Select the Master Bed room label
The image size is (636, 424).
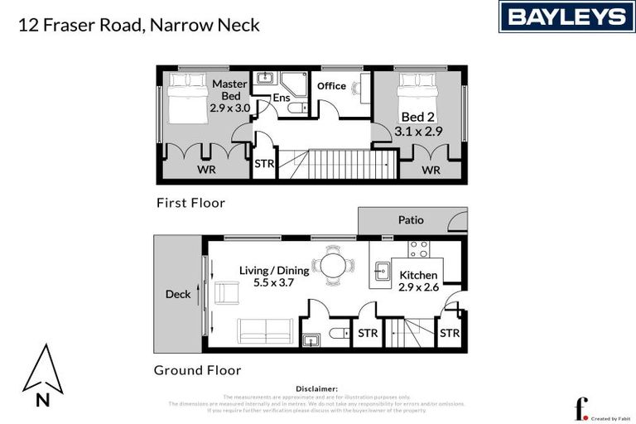click(229, 89)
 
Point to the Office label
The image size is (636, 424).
click(331, 86)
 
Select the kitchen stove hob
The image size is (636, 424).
click(418, 248)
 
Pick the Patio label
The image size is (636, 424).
click(411, 220)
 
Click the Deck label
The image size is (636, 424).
click(177, 294)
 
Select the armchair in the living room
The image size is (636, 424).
click(226, 291)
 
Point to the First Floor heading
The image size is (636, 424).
click(190, 203)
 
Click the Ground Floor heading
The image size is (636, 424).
click(197, 370)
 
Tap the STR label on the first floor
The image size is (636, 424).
click(264, 164)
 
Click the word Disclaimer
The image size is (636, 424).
click(316, 388)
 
